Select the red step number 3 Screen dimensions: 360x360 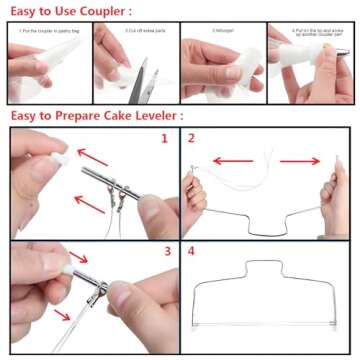166,251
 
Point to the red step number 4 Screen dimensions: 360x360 193,251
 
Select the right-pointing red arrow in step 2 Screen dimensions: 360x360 300,160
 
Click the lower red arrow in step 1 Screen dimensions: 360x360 90,204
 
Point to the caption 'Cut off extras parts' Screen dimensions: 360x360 133,31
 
